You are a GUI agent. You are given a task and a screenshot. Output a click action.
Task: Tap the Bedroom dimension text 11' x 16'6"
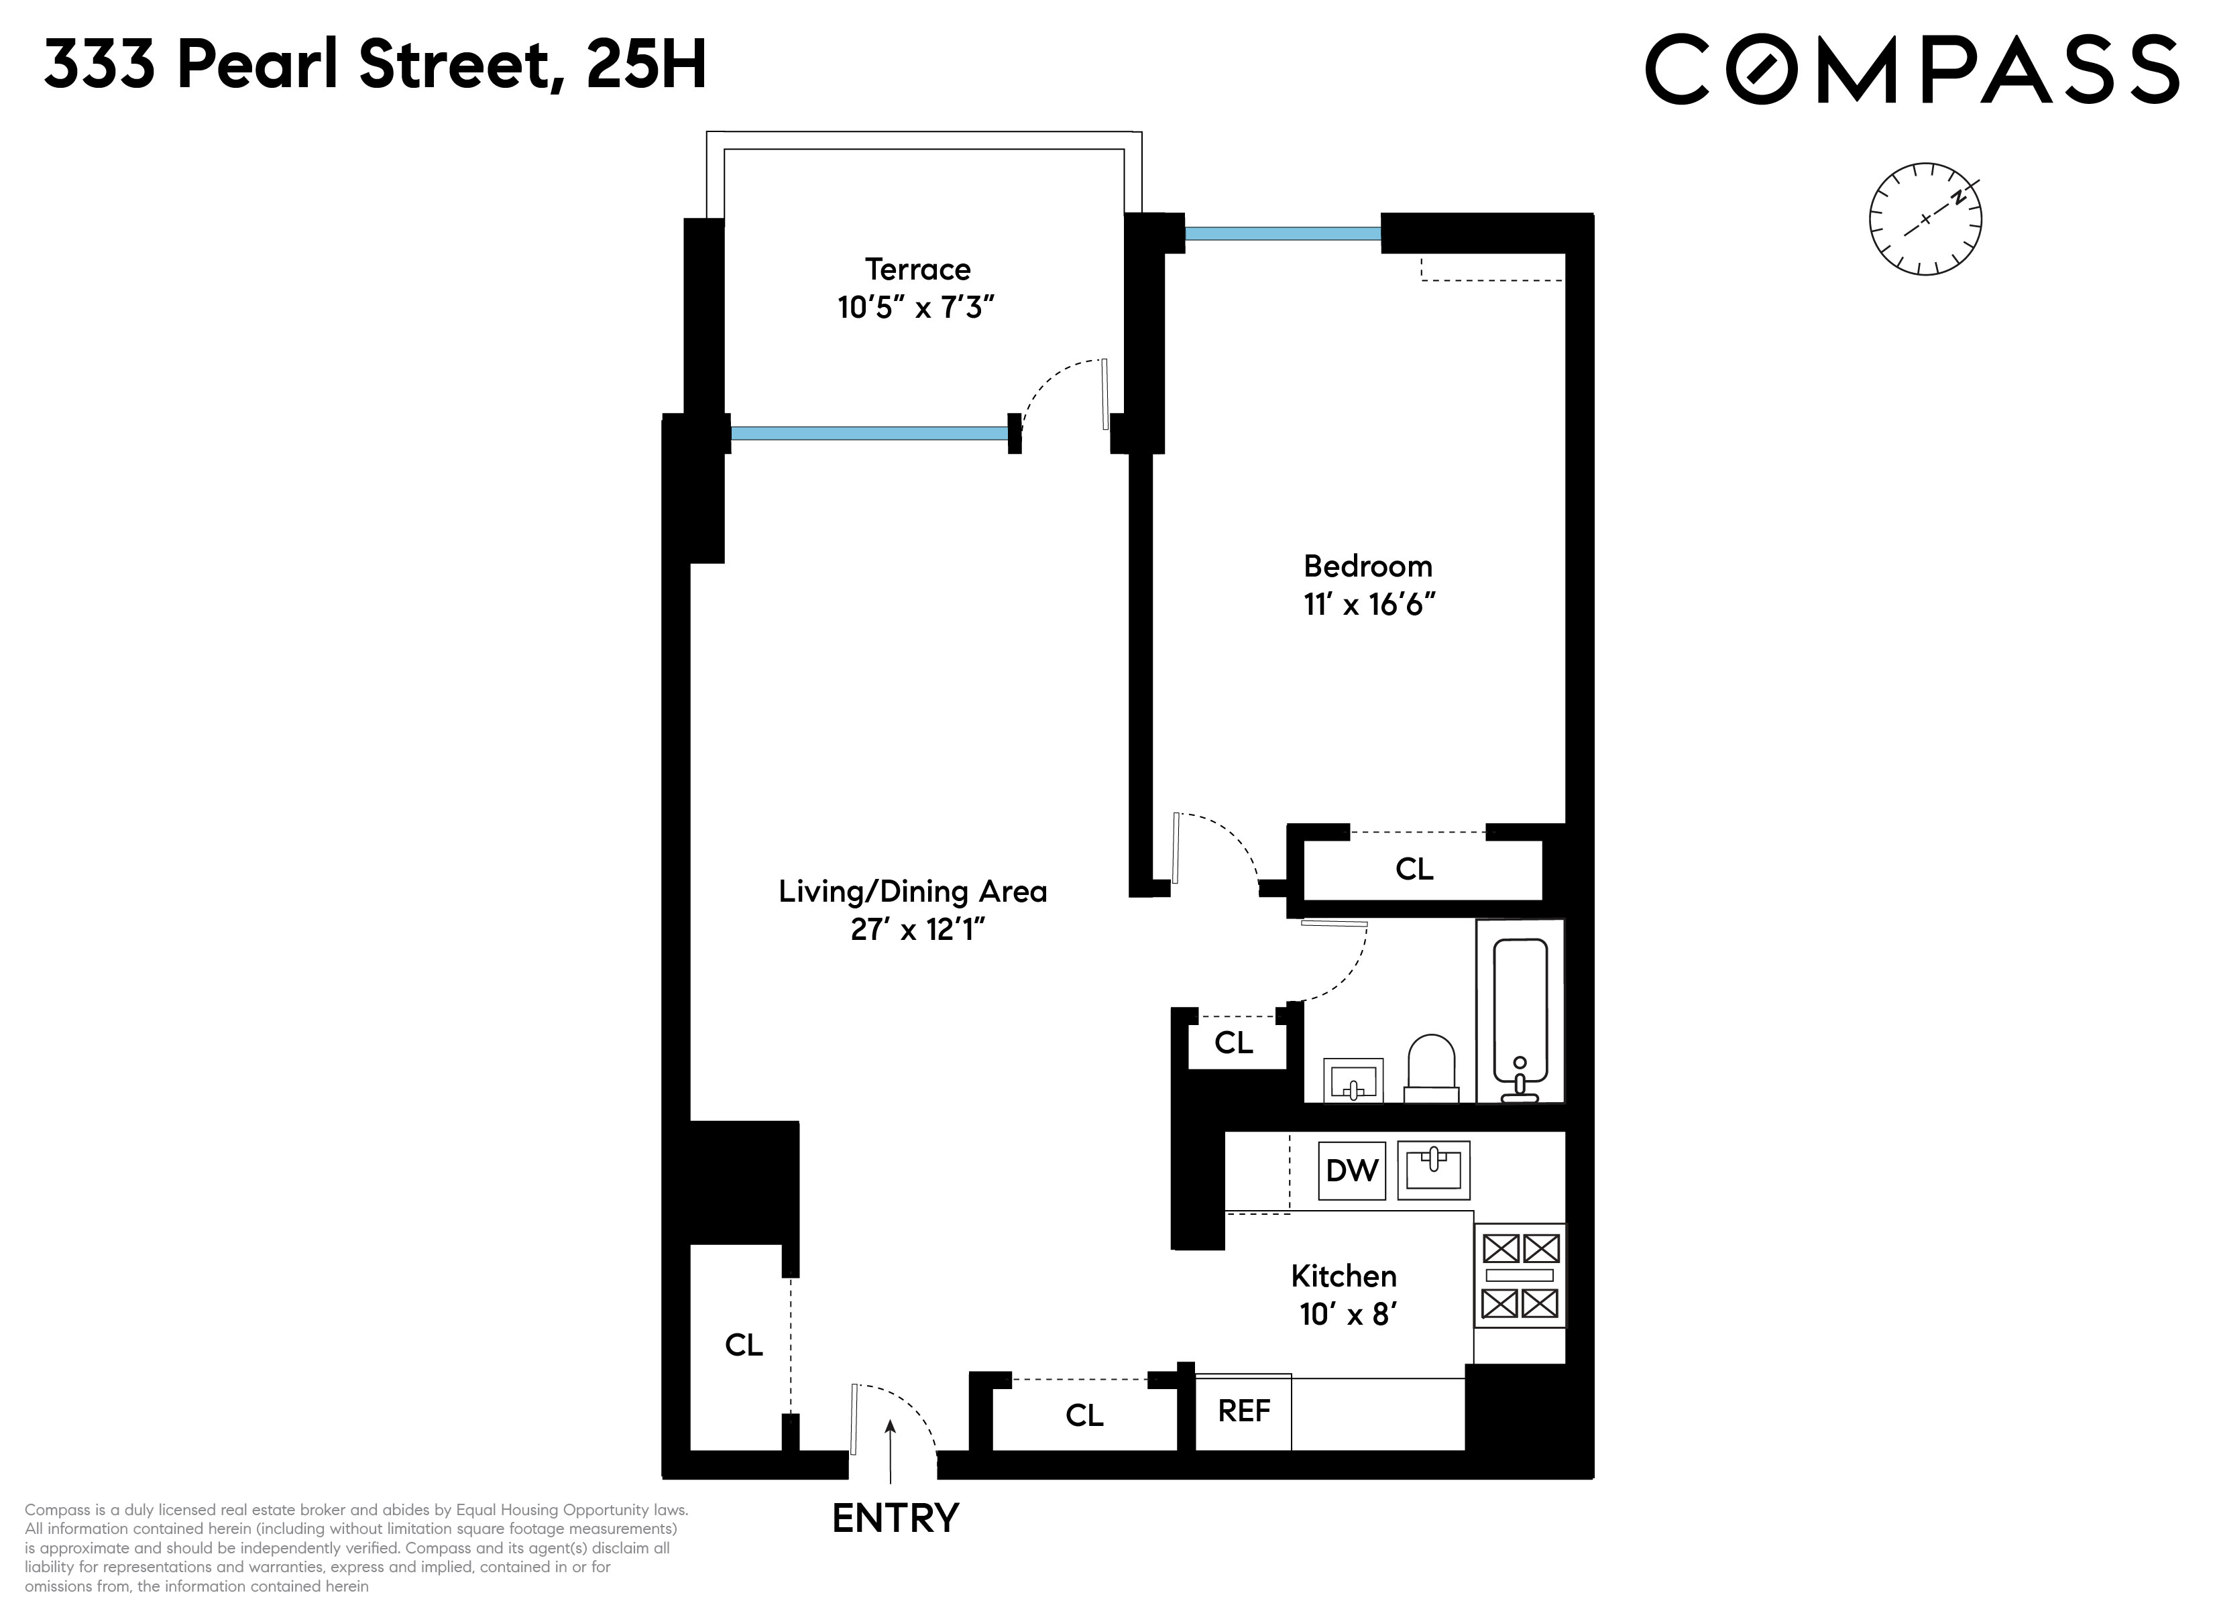1368,605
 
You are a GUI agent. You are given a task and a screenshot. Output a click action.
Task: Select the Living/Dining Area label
912,891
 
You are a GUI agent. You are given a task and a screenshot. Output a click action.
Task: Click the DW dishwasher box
1351,1170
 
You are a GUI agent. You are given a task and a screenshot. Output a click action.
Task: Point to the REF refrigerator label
1243,1411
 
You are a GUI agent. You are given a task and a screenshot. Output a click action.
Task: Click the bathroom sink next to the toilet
1353,1080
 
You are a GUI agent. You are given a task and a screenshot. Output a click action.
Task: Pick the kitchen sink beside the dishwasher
1432,1170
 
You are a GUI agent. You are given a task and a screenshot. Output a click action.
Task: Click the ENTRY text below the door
895,1518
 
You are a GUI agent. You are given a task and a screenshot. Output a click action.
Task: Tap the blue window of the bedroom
1282,234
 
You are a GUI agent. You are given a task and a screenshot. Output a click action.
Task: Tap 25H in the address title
646,66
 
